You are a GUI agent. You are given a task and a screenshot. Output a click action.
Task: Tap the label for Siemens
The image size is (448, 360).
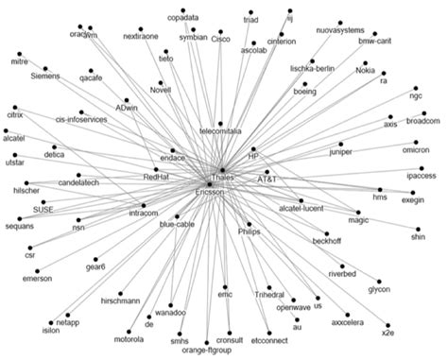coord(45,75)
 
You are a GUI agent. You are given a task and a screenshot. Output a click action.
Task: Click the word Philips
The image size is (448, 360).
coord(249,230)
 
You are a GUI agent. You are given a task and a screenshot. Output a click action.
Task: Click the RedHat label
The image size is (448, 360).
coord(156,176)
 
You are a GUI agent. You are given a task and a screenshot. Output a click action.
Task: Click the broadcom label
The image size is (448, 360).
coord(422,120)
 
